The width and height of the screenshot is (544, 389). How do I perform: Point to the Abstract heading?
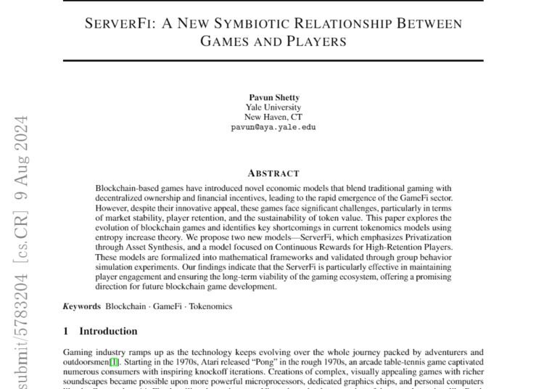[273, 173]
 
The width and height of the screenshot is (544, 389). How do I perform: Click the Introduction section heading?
[108, 332]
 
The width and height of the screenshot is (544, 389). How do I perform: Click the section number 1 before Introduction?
[66, 332]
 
